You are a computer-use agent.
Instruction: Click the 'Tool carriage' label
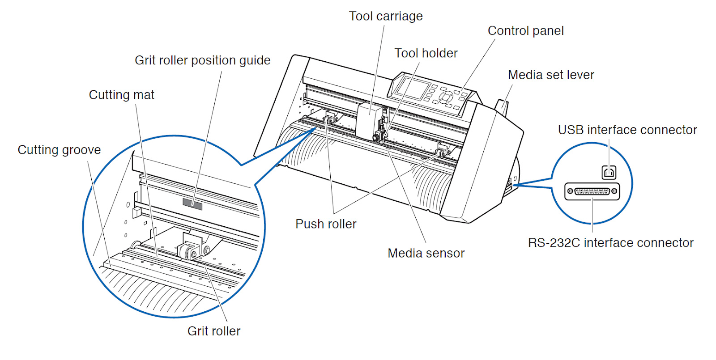pyautogui.click(x=385, y=16)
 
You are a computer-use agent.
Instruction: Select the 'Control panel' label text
pyautogui.click(x=525, y=31)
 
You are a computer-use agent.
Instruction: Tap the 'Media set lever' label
pyautogui.click(x=551, y=75)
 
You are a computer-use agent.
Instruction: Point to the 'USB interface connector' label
pyautogui.click(x=627, y=130)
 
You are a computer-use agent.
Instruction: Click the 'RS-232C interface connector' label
pyautogui.click(x=610, y=243)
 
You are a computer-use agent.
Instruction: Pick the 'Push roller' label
pyautogui.click(x=326, y=224)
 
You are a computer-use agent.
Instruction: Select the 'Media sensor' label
pyautogui.click(x=426, y=253)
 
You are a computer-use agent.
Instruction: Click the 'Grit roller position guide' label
pyautogui.click(x=202, y=60)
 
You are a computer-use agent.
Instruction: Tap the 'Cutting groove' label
pyautogui.click(x=59, y=150)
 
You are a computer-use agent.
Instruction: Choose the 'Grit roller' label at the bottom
pyautogui.click(x=213, y=331)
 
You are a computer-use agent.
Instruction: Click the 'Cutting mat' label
pyautogui.click(x=121, y=95)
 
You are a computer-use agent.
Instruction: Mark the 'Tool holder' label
pyautogui.click(x=426, y=53)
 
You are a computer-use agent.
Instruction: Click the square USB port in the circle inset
pyautogui.click(x=609, y=172)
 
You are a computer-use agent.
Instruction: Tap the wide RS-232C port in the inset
pyautogui.click(x=592, y=191)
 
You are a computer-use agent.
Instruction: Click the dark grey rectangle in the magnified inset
pyautogui.click(x=192, y=203)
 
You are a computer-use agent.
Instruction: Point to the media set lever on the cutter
pyautogui.click(x=502, y=106)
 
